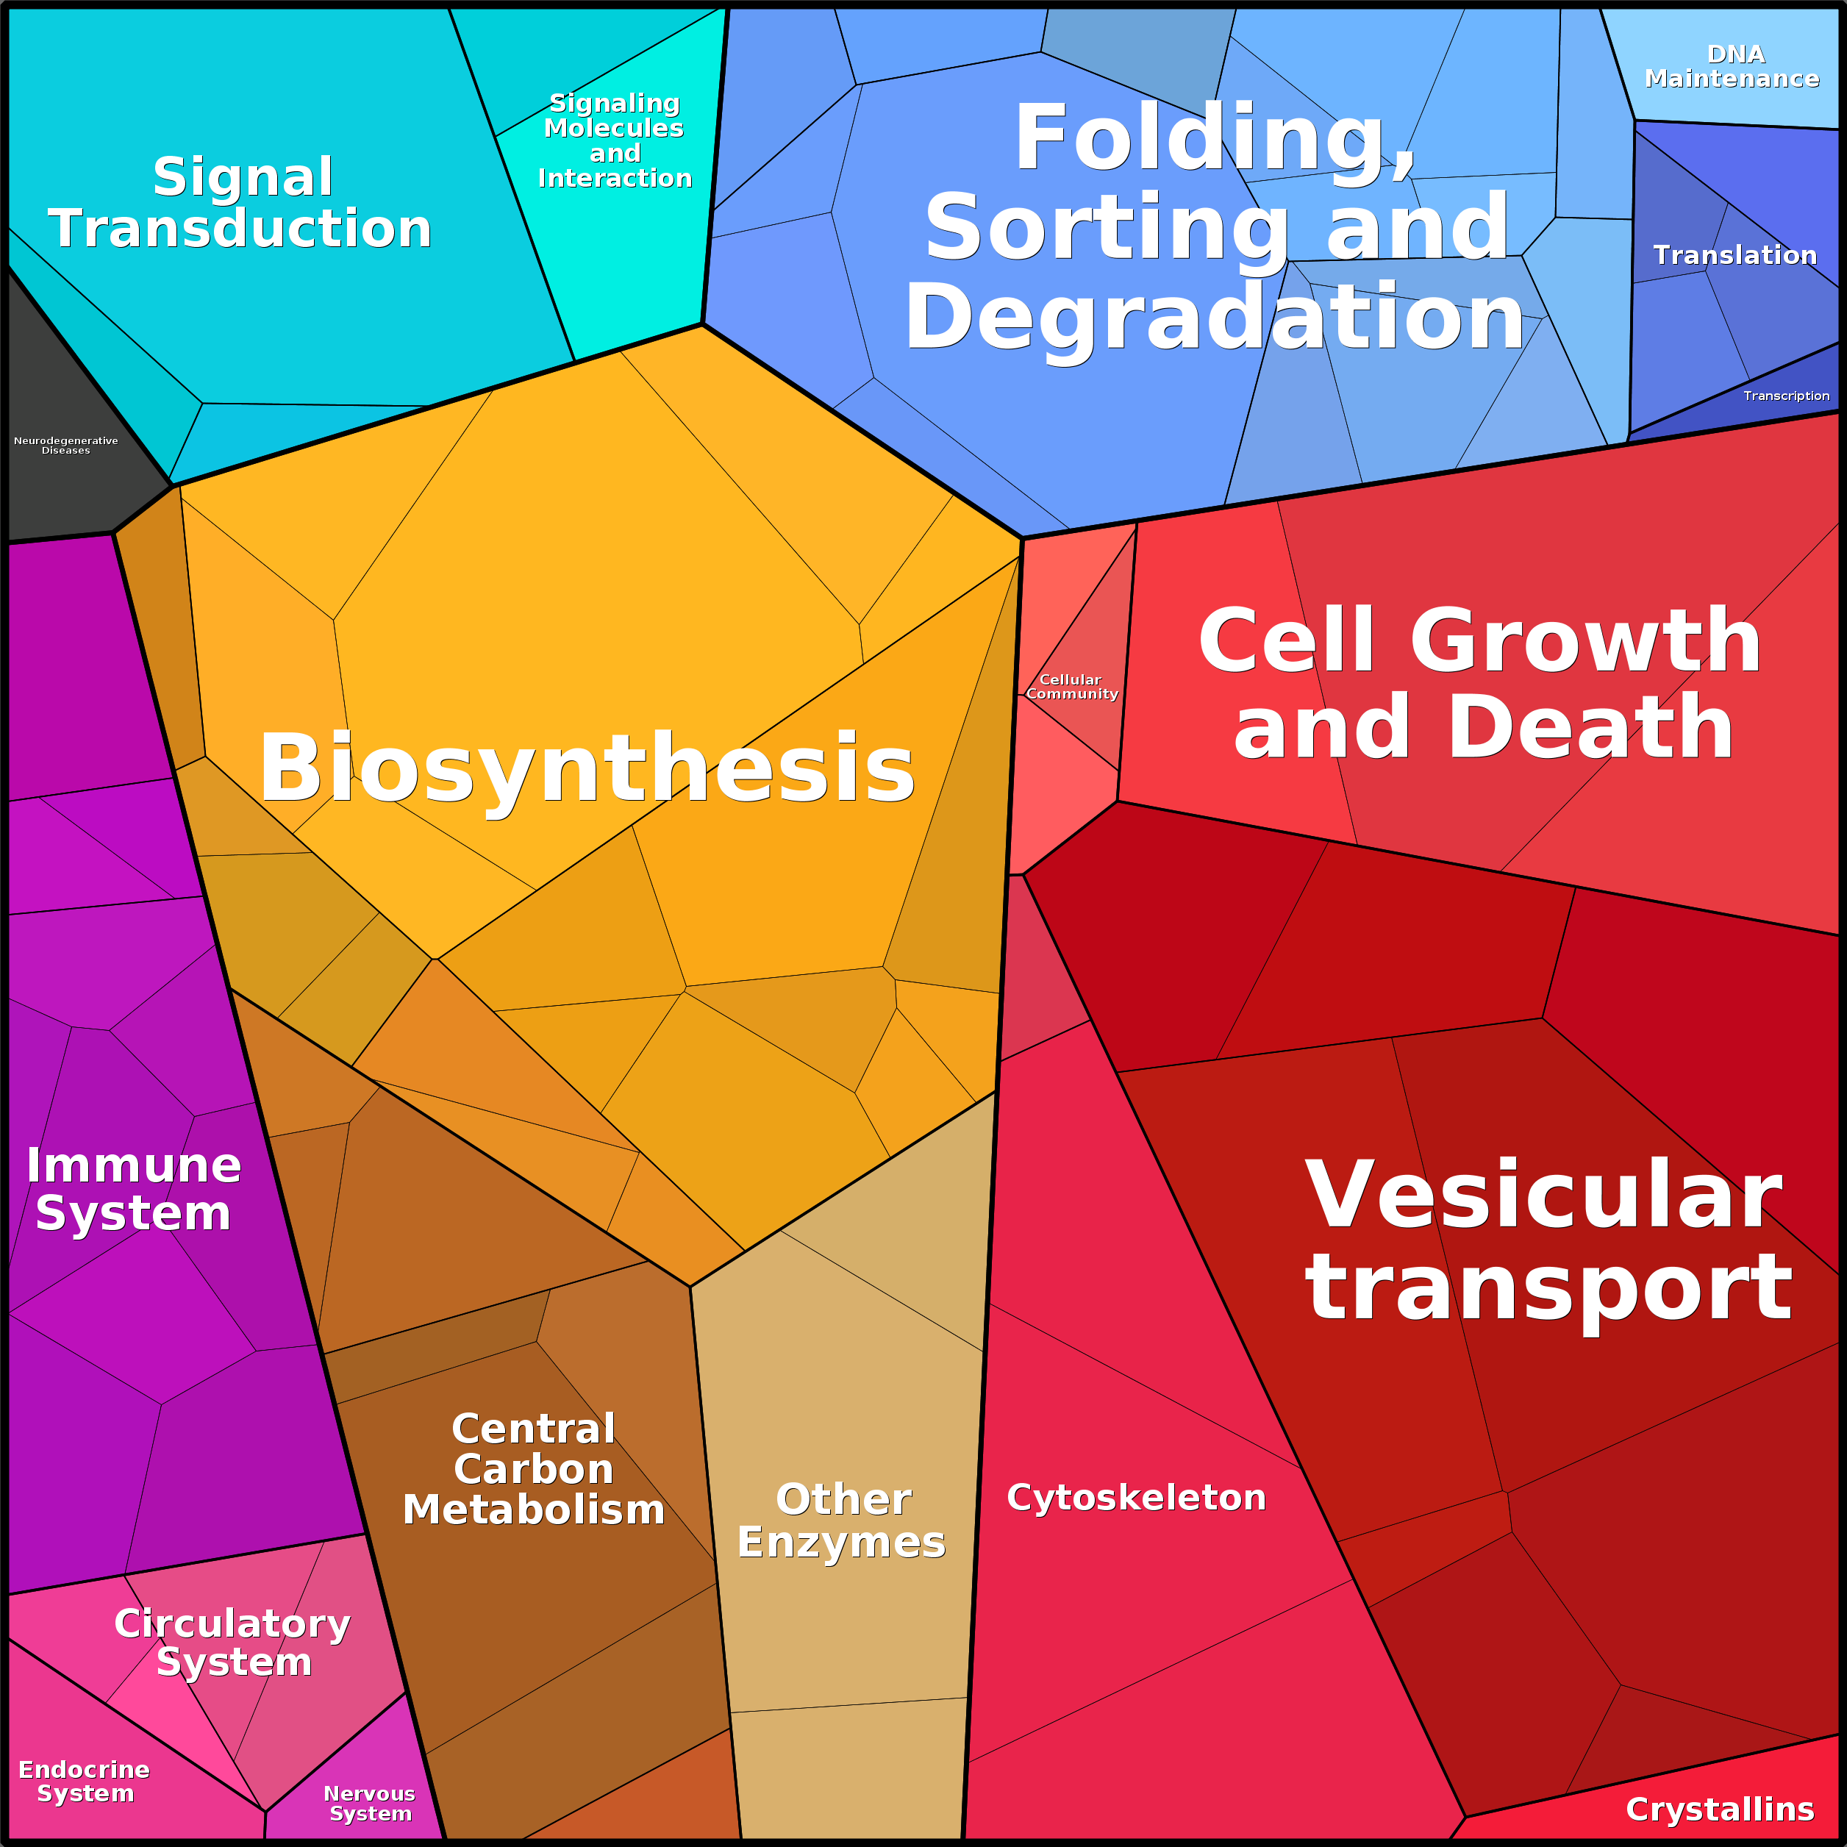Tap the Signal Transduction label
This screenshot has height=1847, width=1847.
coord(241,203)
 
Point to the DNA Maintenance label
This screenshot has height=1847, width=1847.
coord(1732,67)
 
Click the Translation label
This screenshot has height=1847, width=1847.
coord(1735,255)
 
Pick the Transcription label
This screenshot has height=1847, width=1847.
coord(1786,396)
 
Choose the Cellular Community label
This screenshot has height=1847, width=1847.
coord(1072,687)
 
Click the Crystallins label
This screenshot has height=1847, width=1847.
coord(1719,1809)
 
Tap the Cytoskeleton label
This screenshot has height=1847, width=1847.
coord(1136,1497)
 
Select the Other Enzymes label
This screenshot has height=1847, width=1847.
coord(841,1520)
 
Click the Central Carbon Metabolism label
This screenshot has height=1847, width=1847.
coord(534,1468)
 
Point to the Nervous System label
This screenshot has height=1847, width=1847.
coord(370,1803)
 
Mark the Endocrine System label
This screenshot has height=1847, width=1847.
coord(84,1781)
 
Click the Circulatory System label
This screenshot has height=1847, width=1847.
coord(232,1643)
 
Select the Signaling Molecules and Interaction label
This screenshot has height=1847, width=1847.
coord(615,140)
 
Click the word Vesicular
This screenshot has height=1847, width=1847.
coord(1543,1195)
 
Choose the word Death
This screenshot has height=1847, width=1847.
coord(1591,729)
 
